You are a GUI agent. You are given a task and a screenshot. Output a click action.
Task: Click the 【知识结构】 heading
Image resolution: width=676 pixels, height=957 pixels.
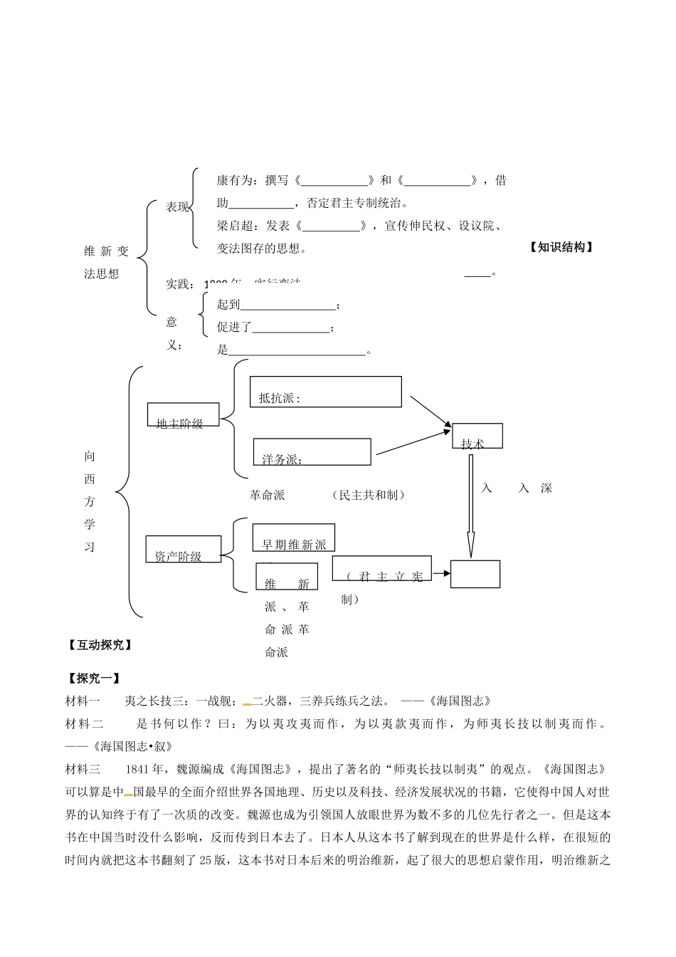[x=561, y=247]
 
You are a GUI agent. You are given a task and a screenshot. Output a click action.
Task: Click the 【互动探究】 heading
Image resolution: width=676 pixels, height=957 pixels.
[x=99, y=645]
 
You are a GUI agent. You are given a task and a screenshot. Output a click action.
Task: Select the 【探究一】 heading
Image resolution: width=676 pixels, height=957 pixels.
[x=93, y=679]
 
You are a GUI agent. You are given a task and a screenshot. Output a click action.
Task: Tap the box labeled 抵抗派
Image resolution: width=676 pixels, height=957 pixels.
[x=325, y=392]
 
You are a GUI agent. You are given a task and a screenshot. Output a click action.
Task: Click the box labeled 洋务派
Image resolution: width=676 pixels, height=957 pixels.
[x=312, y=452]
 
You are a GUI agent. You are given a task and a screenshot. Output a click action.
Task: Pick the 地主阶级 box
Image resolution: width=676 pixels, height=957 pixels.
[x=183, y=416]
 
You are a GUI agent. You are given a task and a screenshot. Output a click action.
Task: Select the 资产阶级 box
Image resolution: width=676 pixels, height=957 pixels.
[x=183, y=549]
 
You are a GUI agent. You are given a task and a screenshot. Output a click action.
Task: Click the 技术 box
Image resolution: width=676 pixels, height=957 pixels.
[x=477, y=436]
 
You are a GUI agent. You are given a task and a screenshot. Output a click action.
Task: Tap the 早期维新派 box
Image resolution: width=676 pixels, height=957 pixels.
[x=293, y=538]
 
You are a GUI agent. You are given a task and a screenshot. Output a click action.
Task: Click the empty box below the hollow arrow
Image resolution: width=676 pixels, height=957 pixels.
[x=475, y=574]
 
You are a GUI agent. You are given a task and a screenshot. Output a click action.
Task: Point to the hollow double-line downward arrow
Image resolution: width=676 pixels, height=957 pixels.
[x=470, y=506]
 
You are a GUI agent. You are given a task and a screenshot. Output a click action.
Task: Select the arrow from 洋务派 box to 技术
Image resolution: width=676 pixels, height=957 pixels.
[x=413, y=442]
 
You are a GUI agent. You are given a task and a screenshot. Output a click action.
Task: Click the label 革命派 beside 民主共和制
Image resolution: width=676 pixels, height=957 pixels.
[x=268, y=495]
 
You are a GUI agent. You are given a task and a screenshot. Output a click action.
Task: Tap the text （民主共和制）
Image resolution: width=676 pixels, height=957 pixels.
[x=369, y=495]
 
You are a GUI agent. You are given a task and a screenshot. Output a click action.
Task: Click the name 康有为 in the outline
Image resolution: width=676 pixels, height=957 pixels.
[x=235, y=181]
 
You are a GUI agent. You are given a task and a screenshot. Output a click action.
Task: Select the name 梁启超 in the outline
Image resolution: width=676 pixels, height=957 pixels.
[x=235, y=226]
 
